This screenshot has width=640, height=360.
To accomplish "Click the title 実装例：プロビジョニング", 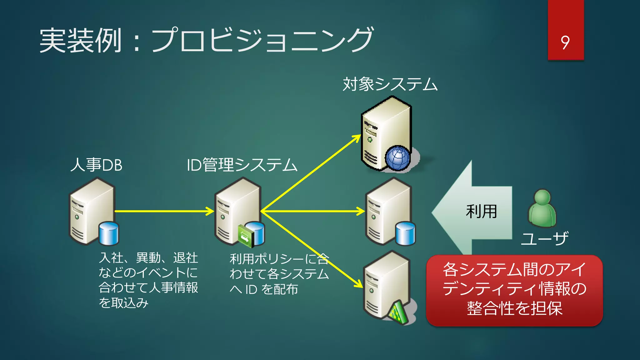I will [x=206, y=40].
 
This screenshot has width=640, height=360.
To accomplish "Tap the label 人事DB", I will [x=96, y=165].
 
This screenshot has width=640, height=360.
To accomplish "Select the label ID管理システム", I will [x=242, y=165].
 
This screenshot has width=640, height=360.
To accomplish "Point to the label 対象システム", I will [x=390, y=84].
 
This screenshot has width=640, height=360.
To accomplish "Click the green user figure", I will [x=542, y=208].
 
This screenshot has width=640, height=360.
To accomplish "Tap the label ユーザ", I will [x=544, y=239].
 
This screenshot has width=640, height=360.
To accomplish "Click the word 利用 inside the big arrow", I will [x=481, y=212].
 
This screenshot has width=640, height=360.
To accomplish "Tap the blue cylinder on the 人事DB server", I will [x=109, y=233].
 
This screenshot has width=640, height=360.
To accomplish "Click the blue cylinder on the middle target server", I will [x=405, y=233].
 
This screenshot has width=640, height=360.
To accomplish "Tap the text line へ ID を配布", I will [x=264, y=289].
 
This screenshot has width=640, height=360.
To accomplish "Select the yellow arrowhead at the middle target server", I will [x=361, y=211].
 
